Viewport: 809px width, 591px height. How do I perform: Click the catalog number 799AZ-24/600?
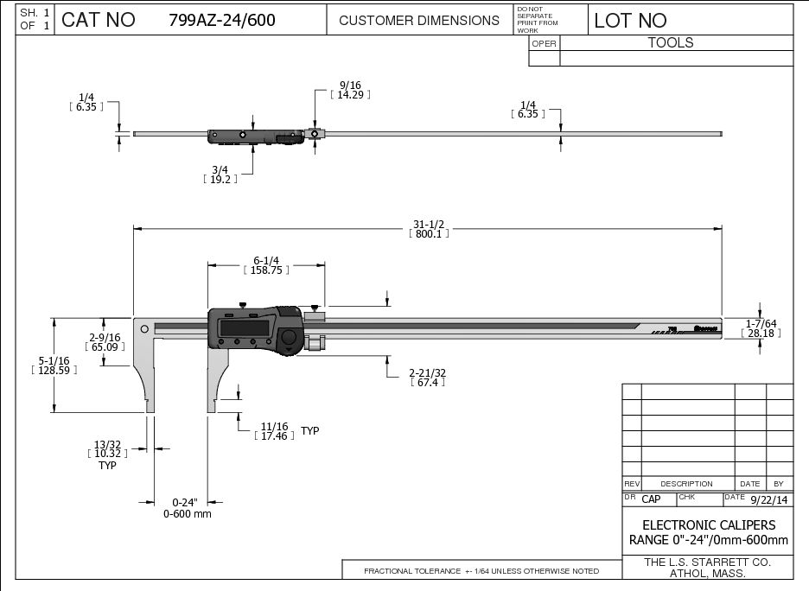pos(222,21)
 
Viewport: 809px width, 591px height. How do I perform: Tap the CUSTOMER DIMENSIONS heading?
pos(419,20)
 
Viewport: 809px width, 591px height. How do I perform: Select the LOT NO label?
pos(630,21)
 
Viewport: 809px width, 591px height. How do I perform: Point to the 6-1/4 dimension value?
pos(266,260)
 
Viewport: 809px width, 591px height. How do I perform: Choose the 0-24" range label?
pos(185,502)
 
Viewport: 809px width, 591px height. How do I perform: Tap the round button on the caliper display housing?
pos(289,338)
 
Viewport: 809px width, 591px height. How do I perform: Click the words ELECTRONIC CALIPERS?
pos(708,525)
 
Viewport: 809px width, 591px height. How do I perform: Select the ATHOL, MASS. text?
pos(708,573)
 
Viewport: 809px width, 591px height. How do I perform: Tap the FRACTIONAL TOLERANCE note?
pos(481,571)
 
